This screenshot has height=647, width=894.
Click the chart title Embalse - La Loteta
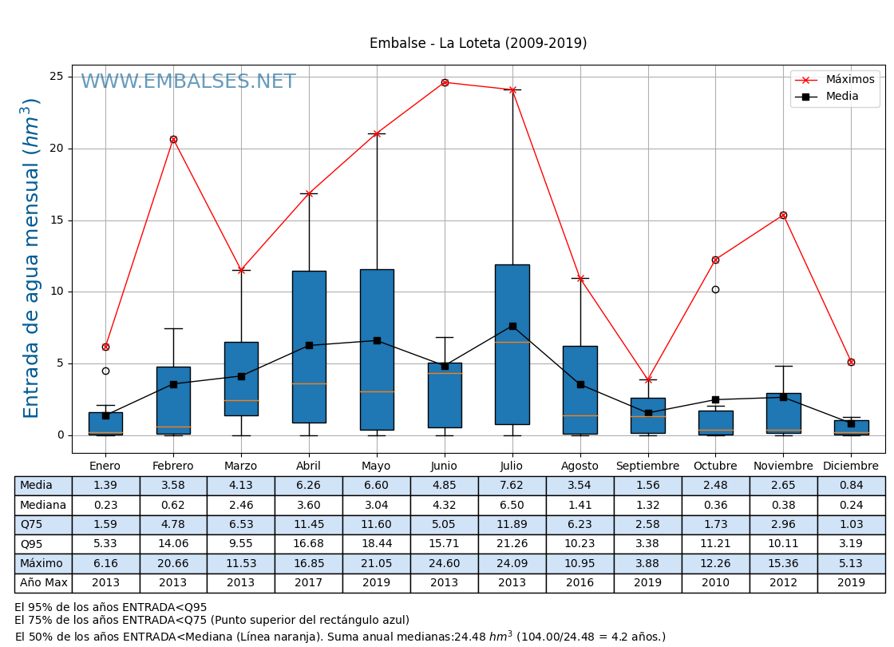[x=477, y=44]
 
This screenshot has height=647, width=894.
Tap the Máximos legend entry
[x=849, y=80]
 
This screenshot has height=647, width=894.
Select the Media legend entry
[x=842, y=97]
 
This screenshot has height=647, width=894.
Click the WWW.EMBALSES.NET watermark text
[x=188, y=82]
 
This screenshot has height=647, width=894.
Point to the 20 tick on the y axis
[x=57, y=149]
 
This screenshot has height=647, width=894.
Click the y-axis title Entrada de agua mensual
[x=31, y=257]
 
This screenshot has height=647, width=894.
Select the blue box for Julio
[x=512, y=344]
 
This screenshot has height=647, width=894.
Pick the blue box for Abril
[x=309, y=347]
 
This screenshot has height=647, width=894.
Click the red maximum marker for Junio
[x=445, y=82]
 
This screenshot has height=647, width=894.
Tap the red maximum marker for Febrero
[x=173, y=139]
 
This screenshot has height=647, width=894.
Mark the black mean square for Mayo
[x=377, y=340]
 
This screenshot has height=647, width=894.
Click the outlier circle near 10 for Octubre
[x=715, y=289]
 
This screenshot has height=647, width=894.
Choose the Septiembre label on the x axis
[x=647, y=466]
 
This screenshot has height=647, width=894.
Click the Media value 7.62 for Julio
[x=512, y=486]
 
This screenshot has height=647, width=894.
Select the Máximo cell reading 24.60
[x=445, y=564]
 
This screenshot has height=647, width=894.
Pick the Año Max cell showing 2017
[x=309, y=583]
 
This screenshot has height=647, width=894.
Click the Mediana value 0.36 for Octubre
[x=715, y=506]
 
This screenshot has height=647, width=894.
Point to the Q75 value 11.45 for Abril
[x=309, y=525]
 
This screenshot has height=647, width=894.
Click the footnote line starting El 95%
[x=111, y=608]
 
